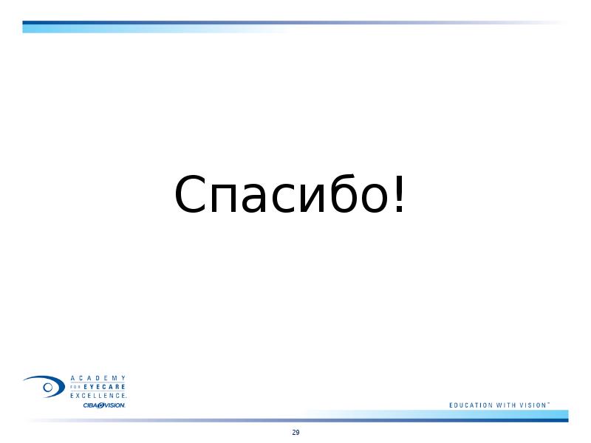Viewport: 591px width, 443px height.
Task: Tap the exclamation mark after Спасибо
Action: click(x=399, y=193)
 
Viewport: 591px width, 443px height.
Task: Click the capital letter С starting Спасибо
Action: click(x=190, y=193)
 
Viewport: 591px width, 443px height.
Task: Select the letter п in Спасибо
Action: click(x=224, y=199)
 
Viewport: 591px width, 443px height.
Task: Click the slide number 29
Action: click(x=296, y=433)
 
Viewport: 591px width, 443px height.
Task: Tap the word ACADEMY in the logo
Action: click(x=98, y=378)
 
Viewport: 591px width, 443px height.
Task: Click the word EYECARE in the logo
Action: click(x=104, y=387)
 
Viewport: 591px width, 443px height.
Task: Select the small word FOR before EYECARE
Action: click(x=76, y=387)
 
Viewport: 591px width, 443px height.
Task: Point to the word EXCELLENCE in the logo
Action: click(x=98, y=396)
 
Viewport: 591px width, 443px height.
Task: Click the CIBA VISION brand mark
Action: click(x=104, y=405)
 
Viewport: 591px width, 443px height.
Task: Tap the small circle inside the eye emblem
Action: click(x=48, y=387)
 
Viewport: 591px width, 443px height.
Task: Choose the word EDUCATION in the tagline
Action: click(x=471, y=405)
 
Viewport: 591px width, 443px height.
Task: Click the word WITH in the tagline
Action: click(x=506, y=405)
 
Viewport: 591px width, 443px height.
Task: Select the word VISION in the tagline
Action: click(x=533, y=405)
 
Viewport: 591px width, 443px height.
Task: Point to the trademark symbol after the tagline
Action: click(x=548, y=403)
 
